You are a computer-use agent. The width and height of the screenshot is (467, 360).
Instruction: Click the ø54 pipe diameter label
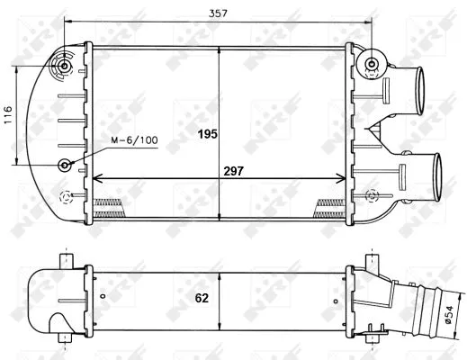[446, 315]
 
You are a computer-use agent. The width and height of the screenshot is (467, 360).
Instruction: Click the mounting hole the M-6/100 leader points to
[67, 166]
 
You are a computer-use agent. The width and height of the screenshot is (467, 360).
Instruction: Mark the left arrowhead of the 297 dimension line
[98, 177]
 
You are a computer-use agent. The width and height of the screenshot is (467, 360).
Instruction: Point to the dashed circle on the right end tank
[373, 192]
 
